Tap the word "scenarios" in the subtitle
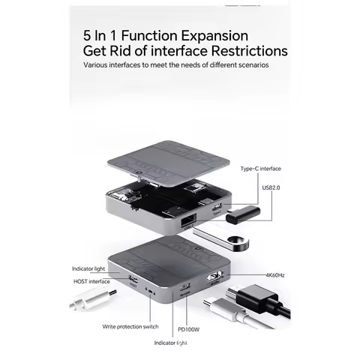click(250, 65)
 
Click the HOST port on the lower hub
click(133, 282)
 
